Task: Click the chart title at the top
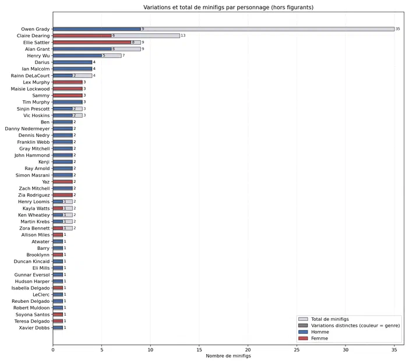[228, 8]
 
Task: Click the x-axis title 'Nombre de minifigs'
[228, 356]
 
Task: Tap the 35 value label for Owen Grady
[397, 29]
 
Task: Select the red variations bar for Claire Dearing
[82, 36]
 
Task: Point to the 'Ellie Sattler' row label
[36, 43]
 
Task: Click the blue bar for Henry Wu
[77, 55]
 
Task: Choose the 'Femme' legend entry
[313, 338]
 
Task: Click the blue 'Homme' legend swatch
[303, 332]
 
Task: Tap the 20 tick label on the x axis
[248, 350]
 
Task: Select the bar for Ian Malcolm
[72, 69]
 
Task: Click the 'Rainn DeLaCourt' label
[30, 76]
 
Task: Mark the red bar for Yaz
[62, 182]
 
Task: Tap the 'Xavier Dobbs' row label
[34, 328]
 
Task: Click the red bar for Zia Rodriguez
[62, 195]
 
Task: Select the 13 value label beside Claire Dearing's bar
[183, 36]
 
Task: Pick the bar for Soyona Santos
[58, 314]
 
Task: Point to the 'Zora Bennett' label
[34, 228]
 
